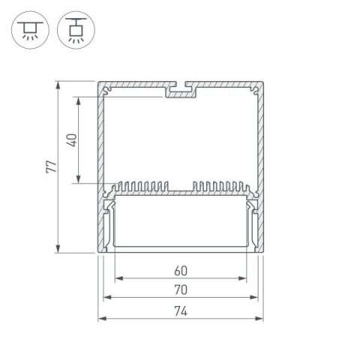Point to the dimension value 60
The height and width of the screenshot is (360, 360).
click(180, 271)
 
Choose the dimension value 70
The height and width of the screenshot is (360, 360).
click(180, 289)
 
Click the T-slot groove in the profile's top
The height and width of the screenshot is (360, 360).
click(180, 91)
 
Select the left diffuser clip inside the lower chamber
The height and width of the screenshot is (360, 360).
click(109, 221)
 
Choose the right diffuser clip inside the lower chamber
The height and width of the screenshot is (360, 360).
click(252, 221)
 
